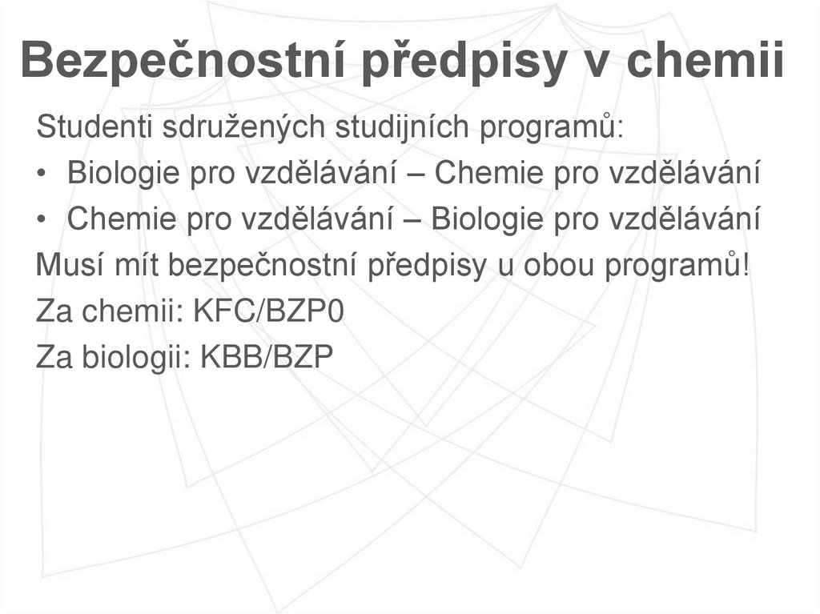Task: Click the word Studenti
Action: (94, 127)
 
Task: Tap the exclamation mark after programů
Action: (746, 265)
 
